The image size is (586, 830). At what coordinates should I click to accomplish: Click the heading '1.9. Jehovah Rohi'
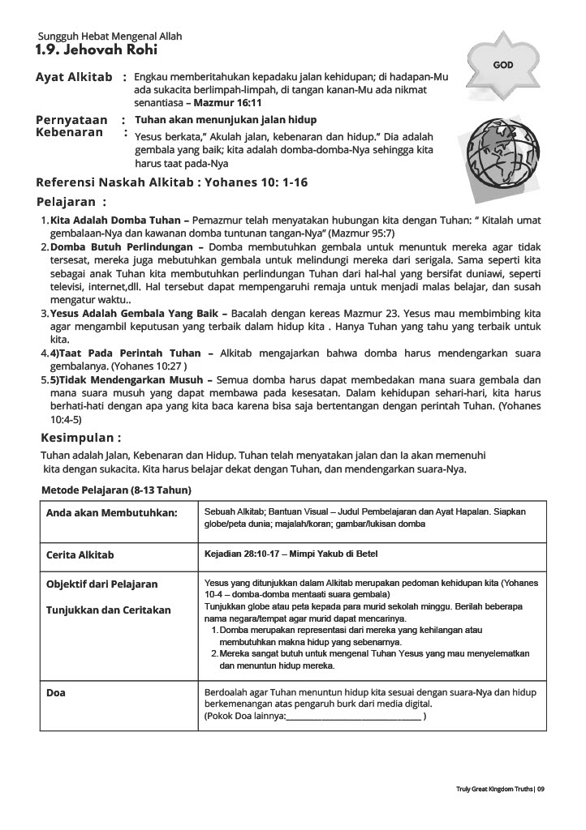(x=81, y=51)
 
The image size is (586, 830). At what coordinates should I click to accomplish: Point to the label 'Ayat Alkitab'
(x=74, y=77)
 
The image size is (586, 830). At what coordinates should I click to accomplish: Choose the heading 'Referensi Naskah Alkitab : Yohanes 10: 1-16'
(x=171, y=182)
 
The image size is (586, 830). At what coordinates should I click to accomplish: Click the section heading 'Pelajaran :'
(x=71, y=201)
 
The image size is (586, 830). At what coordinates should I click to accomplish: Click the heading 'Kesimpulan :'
(x=81, y=439)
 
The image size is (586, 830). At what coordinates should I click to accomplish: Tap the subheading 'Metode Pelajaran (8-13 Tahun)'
(x=116, y=490)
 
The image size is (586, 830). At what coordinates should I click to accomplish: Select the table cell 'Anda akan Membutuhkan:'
(x=111, y=513)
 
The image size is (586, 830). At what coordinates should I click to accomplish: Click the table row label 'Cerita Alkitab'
(x=80, y=555)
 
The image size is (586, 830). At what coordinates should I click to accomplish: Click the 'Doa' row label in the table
(x=56, y=693)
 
